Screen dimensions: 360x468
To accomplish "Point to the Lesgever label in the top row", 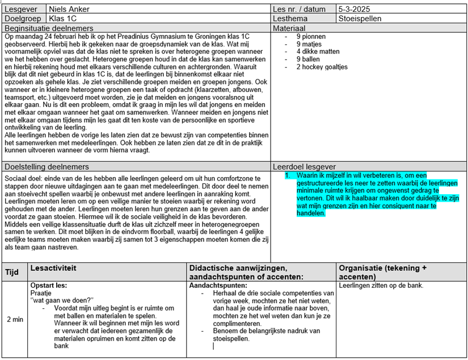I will (22, 10).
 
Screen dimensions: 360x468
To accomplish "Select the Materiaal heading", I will (289, 28).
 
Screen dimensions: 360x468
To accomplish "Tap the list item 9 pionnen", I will (311, 37).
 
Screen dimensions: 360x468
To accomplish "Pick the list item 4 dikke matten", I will (318, 52).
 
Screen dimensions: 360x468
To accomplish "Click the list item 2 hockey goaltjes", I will (322, 67).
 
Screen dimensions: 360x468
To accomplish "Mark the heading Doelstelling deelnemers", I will (47, 167).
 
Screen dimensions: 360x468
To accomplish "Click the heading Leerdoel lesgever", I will (304, 167).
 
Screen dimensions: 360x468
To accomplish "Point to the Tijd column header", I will (12, 272).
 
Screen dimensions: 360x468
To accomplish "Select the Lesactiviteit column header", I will (53, 267).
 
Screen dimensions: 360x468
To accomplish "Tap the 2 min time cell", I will (15, 319).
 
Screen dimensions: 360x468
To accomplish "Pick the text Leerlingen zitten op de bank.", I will (381, 286).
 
